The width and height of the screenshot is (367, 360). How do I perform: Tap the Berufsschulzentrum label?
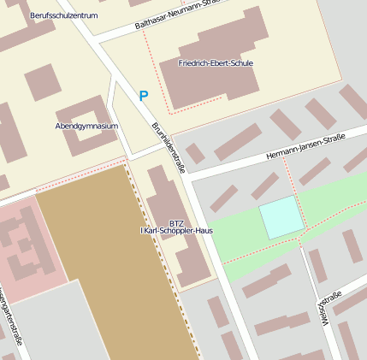click(63, 16)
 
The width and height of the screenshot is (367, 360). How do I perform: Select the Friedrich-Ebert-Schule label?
click(216, 63)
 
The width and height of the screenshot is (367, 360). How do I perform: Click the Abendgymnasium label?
click(86, 126)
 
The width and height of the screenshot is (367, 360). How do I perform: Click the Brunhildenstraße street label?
click(169, 148)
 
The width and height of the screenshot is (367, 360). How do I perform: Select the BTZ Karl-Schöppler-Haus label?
click(176, 227)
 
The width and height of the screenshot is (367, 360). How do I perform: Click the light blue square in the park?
click(281, 217)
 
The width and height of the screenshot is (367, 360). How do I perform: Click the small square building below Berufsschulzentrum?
click(41, 83)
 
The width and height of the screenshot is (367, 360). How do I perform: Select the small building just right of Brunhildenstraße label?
click(195, 153)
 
